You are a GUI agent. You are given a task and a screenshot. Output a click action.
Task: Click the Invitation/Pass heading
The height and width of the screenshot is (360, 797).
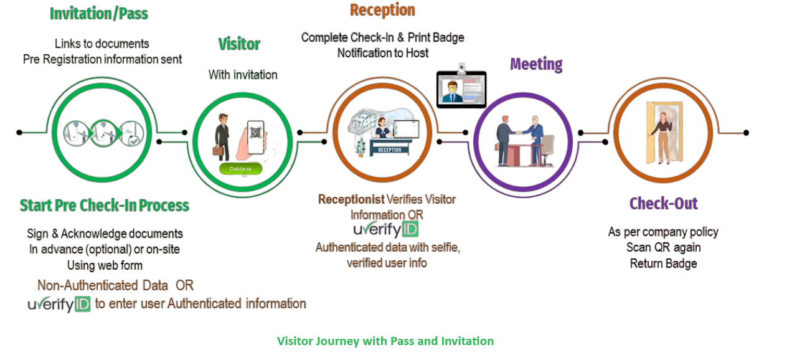[99, 14]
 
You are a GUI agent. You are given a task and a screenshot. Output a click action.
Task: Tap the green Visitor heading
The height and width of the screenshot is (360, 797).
[239, 44]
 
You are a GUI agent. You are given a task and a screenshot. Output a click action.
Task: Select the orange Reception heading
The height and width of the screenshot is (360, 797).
[382, 10]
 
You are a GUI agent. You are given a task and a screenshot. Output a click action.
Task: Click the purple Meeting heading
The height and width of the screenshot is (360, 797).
[536, 64]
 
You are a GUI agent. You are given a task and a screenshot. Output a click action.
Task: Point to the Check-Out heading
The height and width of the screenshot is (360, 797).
[663, 204]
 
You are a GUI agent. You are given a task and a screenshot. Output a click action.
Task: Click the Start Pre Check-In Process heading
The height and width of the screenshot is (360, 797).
[105, 206]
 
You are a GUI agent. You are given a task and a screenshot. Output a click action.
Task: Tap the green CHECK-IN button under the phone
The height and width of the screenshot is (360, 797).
[240, 169]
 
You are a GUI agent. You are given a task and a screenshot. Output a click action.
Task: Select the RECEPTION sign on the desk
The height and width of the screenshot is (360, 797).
[390, 149]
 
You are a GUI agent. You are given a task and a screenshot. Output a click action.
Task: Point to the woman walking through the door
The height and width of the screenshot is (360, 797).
[663, 134]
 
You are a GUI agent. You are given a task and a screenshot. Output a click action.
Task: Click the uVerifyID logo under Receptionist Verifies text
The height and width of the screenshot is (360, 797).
[386, 230]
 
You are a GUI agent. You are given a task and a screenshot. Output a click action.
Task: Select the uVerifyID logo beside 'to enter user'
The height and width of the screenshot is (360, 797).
[59, 305]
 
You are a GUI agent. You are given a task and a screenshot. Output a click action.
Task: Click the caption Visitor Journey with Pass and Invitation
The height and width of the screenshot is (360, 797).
[385, 341]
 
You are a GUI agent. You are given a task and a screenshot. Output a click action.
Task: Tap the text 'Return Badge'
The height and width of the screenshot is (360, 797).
[663, 263]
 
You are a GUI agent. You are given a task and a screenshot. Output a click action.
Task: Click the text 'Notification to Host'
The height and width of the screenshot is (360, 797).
[383, 54]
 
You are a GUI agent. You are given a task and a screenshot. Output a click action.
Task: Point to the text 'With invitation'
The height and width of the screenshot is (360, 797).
[243, 75]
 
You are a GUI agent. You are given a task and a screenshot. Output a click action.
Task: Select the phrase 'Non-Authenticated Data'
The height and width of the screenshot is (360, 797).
[103, 285]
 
